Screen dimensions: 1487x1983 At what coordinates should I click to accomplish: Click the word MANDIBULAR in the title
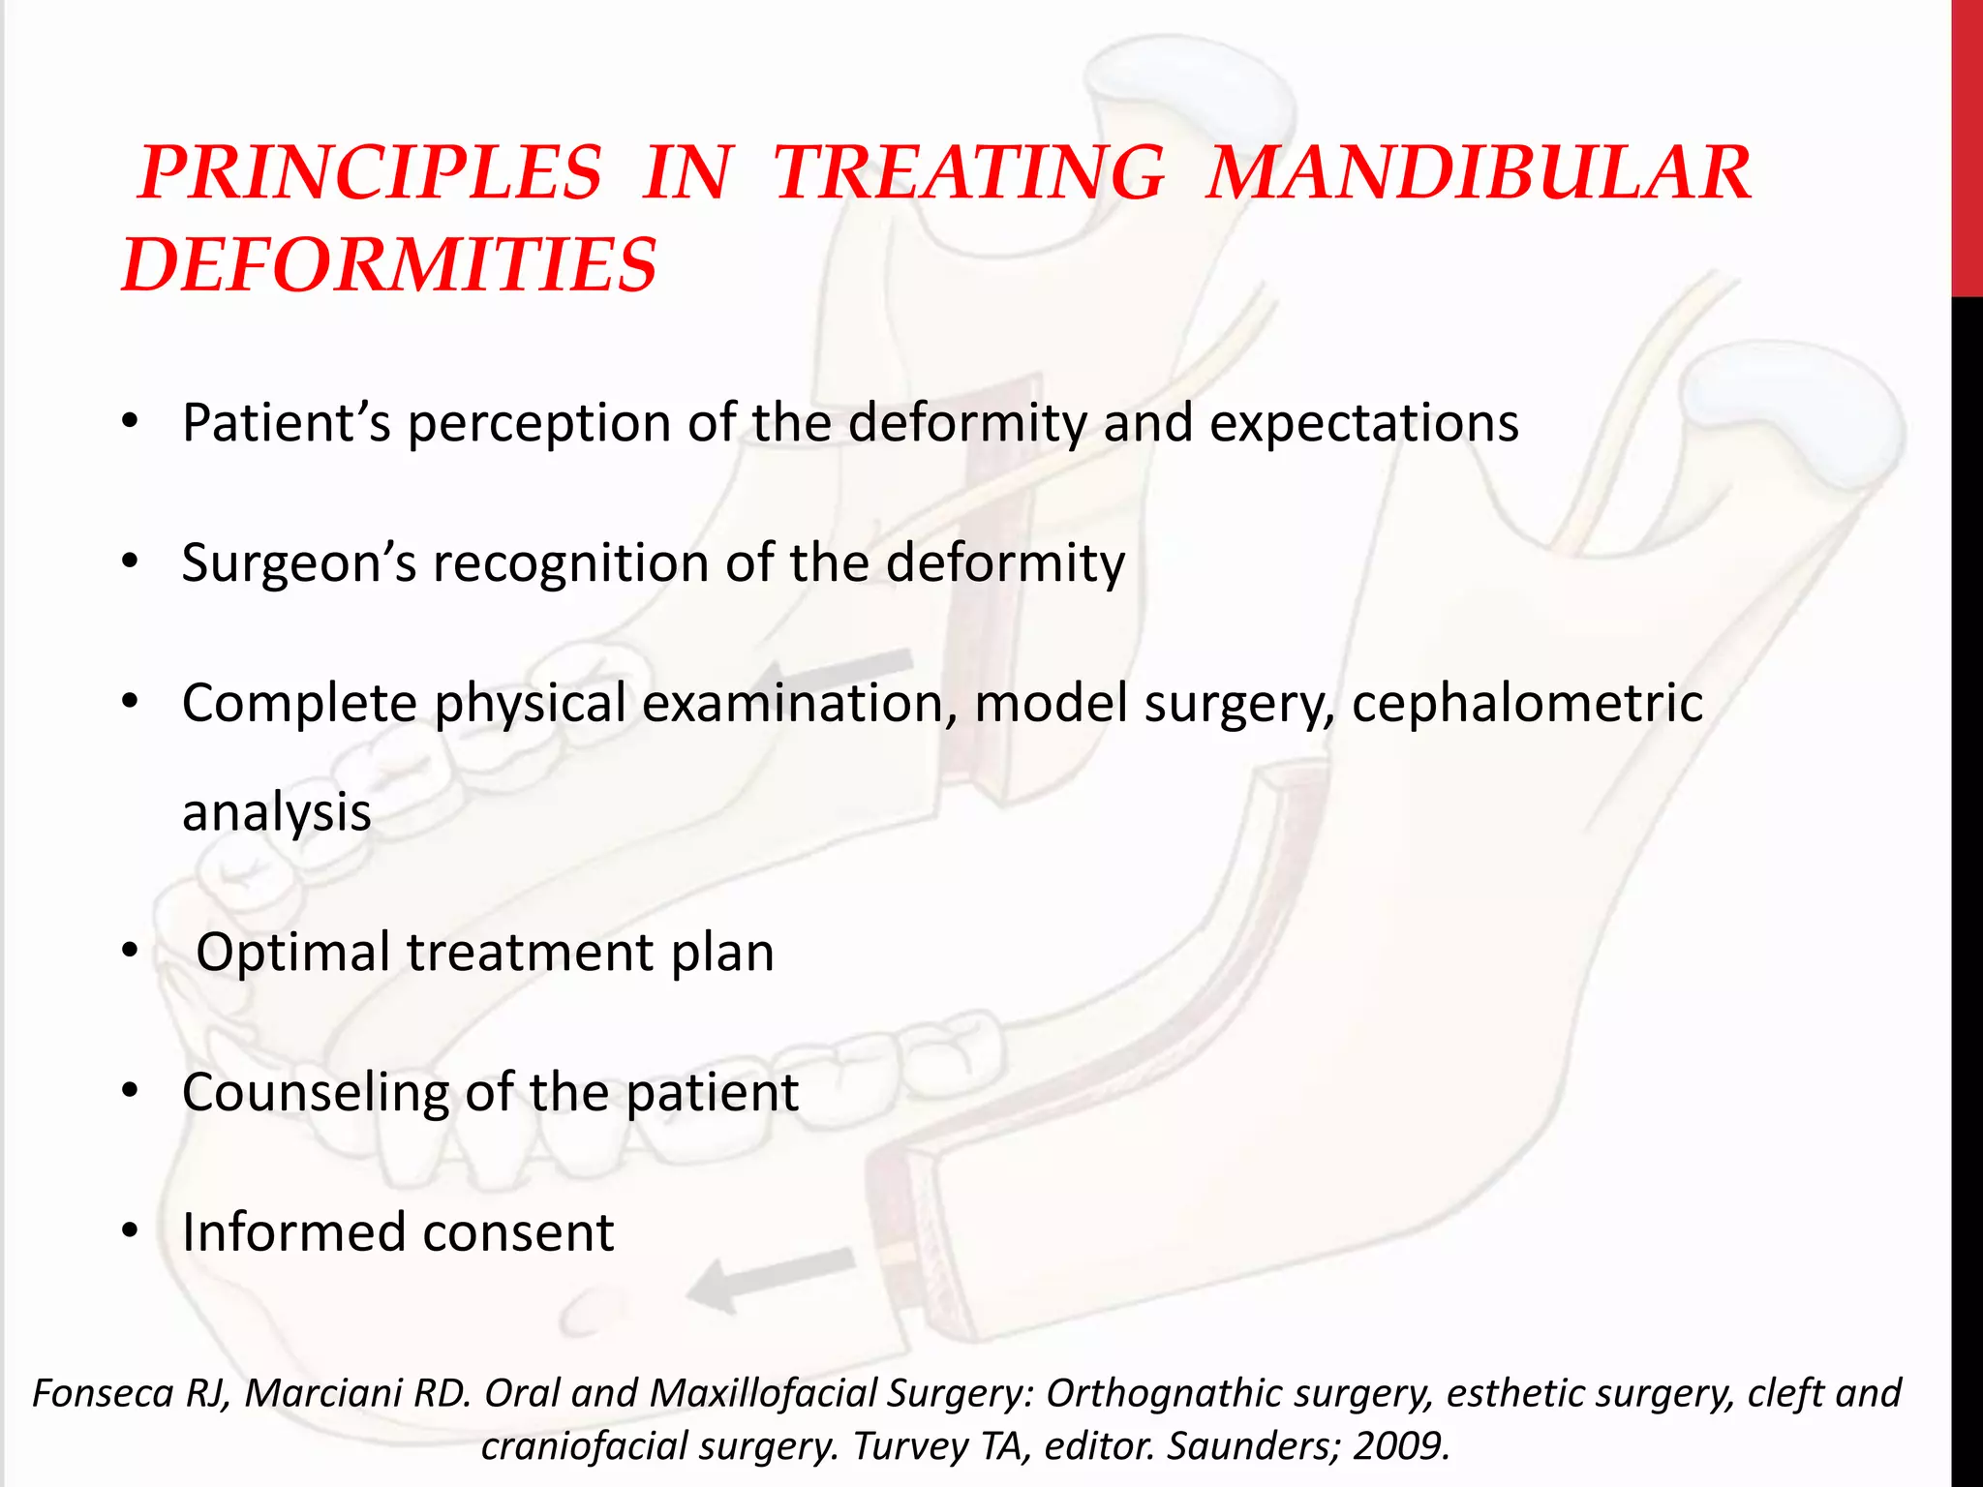[1479, 173]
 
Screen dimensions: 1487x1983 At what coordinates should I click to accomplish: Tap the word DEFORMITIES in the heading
[390, 265]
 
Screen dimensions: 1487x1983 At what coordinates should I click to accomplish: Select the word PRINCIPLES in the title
[371, 173]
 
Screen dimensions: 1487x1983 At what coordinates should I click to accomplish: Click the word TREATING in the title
[969, 173]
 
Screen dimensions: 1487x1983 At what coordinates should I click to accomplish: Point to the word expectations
[1363, 423]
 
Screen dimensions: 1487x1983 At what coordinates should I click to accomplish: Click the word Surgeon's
[298, 562]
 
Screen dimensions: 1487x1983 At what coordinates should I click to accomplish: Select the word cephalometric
[1527, 703]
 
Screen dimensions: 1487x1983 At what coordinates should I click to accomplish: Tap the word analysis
[277, 811]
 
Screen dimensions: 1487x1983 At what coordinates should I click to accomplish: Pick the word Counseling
[315, 1092]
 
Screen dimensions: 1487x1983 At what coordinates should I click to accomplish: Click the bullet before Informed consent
[131, 1231]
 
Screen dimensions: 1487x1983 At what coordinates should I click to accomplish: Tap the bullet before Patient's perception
[131, 422]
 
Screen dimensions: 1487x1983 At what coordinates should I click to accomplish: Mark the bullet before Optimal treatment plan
[131, 951]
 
